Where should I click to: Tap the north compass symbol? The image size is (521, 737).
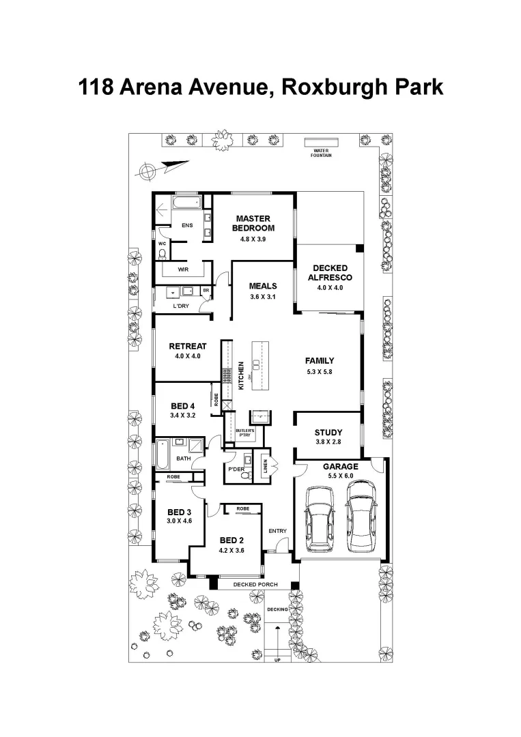pos(146,171)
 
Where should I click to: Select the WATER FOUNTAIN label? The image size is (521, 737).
pos(322,153)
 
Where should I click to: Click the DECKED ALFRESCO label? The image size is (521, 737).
pos(330,272)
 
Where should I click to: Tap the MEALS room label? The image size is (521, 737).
pos(262,287)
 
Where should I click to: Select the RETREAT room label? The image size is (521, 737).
pos(187,346)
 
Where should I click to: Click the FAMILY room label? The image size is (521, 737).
pos(320,360)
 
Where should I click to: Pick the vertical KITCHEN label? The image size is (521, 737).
pos(241,375)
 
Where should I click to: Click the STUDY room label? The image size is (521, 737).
pos(328,433)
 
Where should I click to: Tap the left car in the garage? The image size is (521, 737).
pos(321,519)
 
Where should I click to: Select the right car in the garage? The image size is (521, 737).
pos(361,517)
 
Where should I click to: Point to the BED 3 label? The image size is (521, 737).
pos(178,512)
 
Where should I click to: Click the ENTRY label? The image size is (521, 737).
pos(277,531)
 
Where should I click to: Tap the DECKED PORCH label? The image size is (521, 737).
pos(253,585)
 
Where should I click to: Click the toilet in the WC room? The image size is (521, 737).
pos(162,254)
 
